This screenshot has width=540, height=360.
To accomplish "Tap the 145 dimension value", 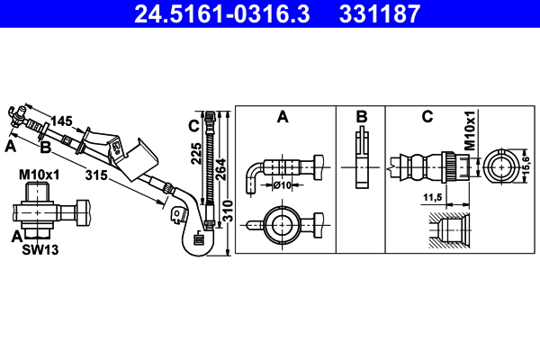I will tap(61, 121).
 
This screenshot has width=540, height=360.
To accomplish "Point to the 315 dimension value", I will tap(97, 176).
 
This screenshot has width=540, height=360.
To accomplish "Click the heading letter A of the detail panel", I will tap(283, 116).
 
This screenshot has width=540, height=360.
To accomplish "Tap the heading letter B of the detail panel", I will tap(361, 116).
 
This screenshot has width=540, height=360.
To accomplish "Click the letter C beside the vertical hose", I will tap(193, 124).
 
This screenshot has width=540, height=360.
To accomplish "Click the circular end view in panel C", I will tap(501, 166).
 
